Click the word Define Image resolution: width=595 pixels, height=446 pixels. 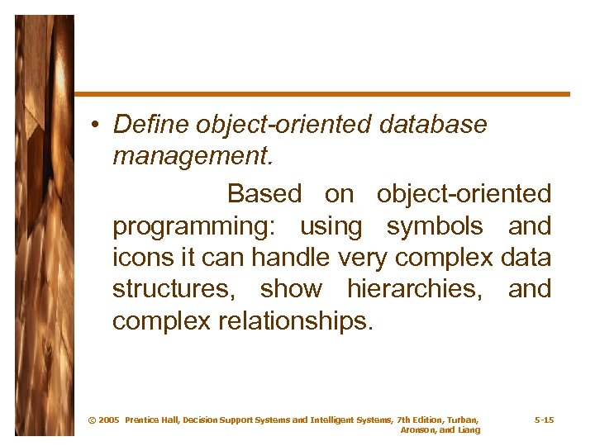point(151,125)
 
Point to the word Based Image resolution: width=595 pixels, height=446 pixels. point(264,194)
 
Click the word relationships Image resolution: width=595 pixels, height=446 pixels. point(296,320)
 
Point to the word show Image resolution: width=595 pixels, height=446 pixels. point(291,289)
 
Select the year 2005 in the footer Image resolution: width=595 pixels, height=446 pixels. point(109,420)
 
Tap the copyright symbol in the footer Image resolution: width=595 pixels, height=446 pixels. point(91,420)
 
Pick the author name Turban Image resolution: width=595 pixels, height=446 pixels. point(461,420)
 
